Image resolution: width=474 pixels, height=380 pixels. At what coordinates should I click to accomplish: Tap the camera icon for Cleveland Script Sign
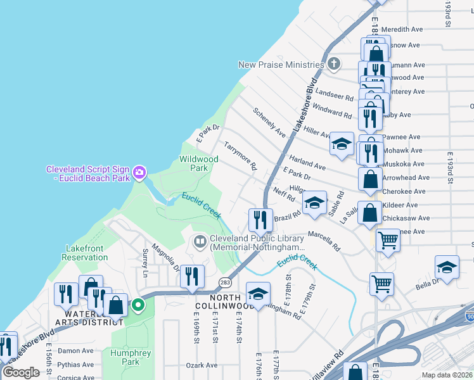[x=139, y=172]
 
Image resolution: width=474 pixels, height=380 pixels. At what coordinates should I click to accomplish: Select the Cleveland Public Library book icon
[x=200, y=241]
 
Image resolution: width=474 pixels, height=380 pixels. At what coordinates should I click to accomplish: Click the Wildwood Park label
[x=198, y=163]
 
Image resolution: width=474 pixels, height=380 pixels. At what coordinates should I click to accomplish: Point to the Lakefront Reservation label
[x=87, y=253]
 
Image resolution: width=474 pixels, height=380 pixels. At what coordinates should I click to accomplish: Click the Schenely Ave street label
[x=269, y=122]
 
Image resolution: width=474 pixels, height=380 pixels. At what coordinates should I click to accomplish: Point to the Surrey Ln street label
[x=145, y=262]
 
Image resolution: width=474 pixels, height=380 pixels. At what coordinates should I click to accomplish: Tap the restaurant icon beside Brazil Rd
[x=260, y=220]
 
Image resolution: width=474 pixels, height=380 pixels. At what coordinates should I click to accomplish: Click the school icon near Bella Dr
[x=447, y=267]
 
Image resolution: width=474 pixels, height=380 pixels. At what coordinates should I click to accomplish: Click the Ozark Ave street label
[x=202, y=365]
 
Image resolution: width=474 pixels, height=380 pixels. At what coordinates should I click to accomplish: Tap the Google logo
[x=22, y=372]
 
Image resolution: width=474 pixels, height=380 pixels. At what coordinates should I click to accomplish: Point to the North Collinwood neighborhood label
[x=217, y=301]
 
